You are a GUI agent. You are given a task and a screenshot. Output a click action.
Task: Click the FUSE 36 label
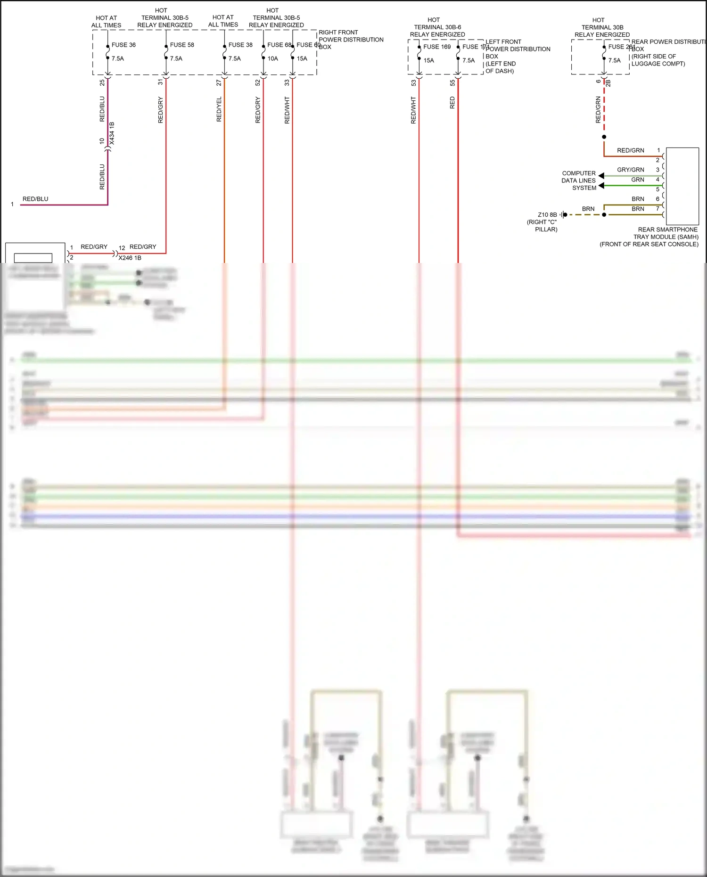123,45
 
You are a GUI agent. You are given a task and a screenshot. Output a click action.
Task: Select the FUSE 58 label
182,45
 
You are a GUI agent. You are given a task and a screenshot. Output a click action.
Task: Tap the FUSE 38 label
240,45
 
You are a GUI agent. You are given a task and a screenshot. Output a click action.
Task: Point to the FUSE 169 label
437,47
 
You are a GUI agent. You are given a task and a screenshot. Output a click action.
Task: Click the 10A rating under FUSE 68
272,58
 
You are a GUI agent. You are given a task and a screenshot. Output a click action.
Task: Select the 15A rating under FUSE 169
428,60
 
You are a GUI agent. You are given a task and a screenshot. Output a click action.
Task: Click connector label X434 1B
112,133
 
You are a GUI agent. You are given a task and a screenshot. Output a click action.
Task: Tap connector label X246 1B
130,258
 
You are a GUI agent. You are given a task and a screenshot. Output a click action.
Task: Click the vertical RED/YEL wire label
219,109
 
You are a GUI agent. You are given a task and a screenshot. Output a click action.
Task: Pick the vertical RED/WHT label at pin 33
287,110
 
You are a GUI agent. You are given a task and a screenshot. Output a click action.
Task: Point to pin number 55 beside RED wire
452,82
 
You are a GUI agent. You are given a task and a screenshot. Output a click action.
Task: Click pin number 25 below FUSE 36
102,82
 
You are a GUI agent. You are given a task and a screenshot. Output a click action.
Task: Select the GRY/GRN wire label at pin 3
630,170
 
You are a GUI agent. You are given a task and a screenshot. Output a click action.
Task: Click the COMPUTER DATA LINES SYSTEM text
579,180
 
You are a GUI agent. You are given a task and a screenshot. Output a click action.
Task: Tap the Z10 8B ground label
547,214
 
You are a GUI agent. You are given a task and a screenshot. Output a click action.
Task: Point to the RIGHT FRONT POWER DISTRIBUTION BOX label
351,40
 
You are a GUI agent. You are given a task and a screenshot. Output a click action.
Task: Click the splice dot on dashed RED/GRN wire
604,137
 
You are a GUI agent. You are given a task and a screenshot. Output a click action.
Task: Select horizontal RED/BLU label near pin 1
35,199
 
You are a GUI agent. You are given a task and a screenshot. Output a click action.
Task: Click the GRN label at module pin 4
637,180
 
